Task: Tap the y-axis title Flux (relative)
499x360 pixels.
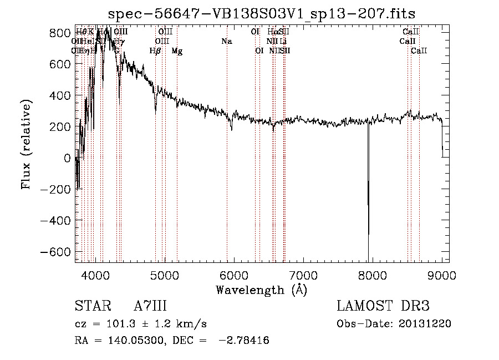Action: [x=26, y=144]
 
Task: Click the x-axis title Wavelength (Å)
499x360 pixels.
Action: [x=261, y=290]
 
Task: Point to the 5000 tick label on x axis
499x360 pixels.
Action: [x=164, y=275]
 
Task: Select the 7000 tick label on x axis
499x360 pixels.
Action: [x=303, y=275]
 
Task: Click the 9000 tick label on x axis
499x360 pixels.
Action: [x=442, y=275]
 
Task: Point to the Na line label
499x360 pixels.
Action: [x=226, y=41]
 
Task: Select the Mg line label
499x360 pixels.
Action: [x=177, y=51]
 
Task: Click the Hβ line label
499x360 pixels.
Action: [x=155, y=51]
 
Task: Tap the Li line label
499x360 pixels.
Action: [x=283, y=41]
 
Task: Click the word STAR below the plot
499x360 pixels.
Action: [x=91, y=306]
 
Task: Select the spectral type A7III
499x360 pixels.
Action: [x=150, y=306]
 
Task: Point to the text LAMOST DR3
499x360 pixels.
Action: [x=383, y=306]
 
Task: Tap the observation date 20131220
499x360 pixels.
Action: [x=426, y=323]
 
